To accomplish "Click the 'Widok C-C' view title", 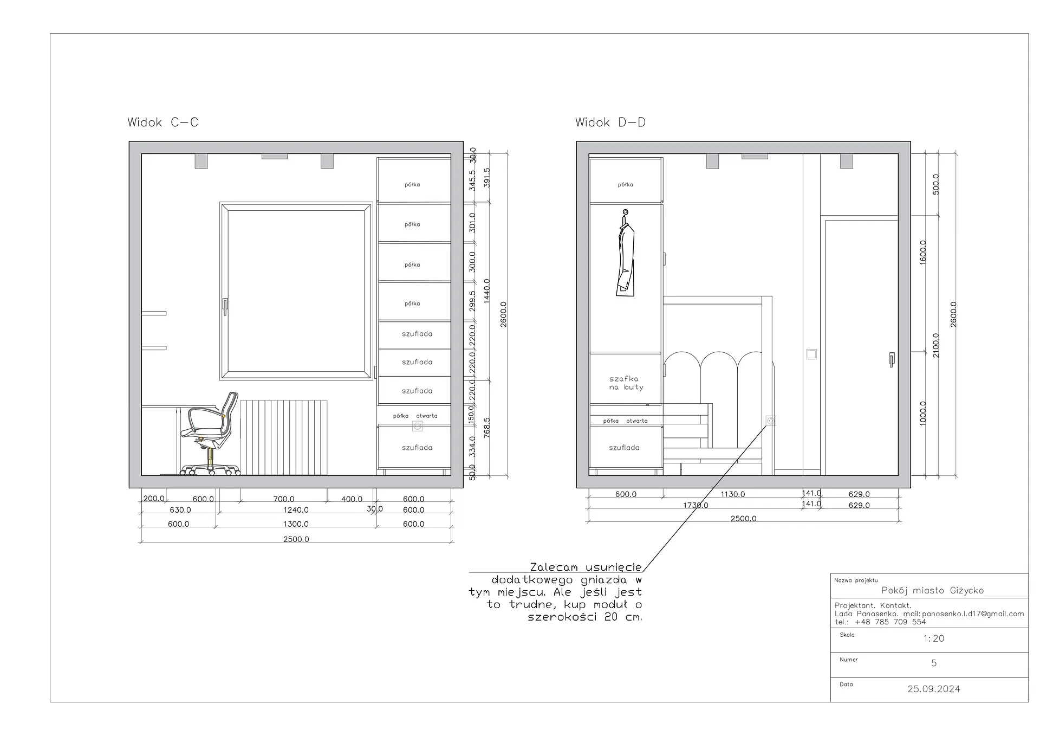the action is coord(163,122).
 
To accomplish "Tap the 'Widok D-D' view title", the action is coord(610,122).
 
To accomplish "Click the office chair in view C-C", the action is coord(210,434).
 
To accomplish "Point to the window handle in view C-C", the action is coord(225,306).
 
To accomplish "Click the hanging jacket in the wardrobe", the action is coord(626,254).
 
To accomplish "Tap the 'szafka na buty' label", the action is coord(626,383).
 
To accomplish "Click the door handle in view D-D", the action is coord(892,360).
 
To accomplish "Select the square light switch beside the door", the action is coord(811,354).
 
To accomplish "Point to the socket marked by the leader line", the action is coord(771,421).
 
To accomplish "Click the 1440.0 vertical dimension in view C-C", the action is coord(486,291).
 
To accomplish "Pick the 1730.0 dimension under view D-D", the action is coord(695,505).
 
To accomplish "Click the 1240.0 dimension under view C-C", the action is coord(296,510).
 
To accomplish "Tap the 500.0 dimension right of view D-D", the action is coord(936,184).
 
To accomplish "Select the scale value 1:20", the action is coord(934,638).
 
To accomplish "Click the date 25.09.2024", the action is coord(934,689).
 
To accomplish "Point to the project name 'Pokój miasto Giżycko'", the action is coord(933,590).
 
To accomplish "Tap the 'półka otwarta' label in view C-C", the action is coord(415,416).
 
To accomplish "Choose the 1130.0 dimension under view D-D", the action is coord(733,494).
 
